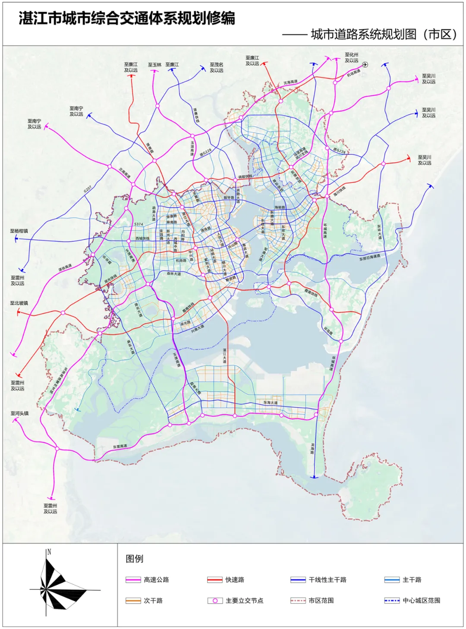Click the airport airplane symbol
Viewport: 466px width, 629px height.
coord(365,65)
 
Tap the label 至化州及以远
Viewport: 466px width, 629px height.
coord(351,58)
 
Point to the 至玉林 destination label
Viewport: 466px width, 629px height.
coord(154,65)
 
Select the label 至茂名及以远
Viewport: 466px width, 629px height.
coord(217,67)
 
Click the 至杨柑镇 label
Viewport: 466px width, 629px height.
coord(19,231)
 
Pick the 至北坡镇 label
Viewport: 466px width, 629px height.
coord(19,303)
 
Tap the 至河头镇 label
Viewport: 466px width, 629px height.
coord(19,413)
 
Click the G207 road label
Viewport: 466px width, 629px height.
coord(88,189)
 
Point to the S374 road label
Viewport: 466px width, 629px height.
coord(139,224)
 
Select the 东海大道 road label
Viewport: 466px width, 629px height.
coord(271,403)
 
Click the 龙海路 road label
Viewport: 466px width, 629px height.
coord(313,448)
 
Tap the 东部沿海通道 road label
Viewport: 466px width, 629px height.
coord(370,258)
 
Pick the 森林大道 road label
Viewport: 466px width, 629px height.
coord(174,274)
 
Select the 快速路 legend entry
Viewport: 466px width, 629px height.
coord(235,580)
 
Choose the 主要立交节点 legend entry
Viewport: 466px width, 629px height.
coord(244,601)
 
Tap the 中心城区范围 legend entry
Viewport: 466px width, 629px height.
coord(421,601)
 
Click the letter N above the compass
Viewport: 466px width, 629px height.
coord(49,552)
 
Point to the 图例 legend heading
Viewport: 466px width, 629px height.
coord(134,559)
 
